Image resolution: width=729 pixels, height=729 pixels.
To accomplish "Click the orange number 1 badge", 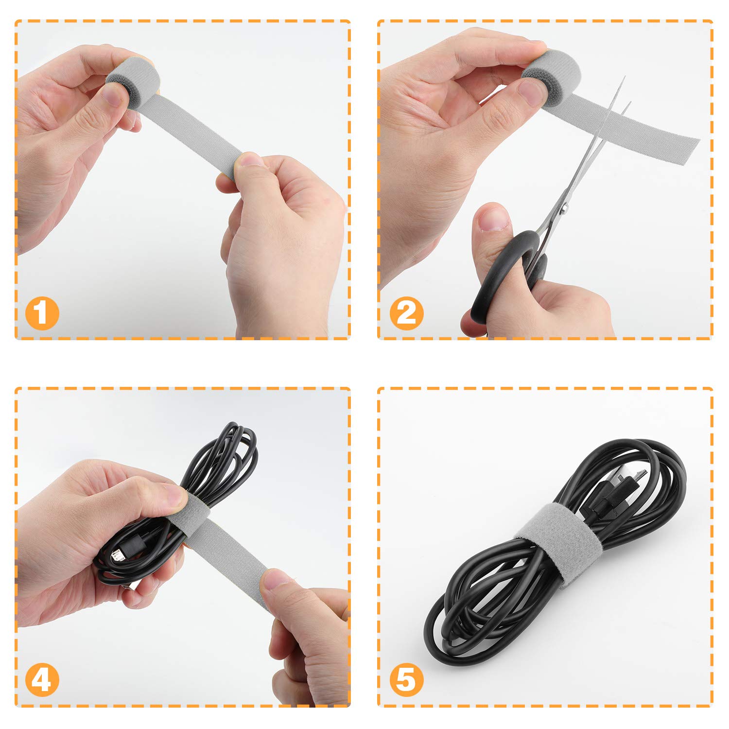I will (42, 313).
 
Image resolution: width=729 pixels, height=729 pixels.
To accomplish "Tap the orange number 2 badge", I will (406, 313).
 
